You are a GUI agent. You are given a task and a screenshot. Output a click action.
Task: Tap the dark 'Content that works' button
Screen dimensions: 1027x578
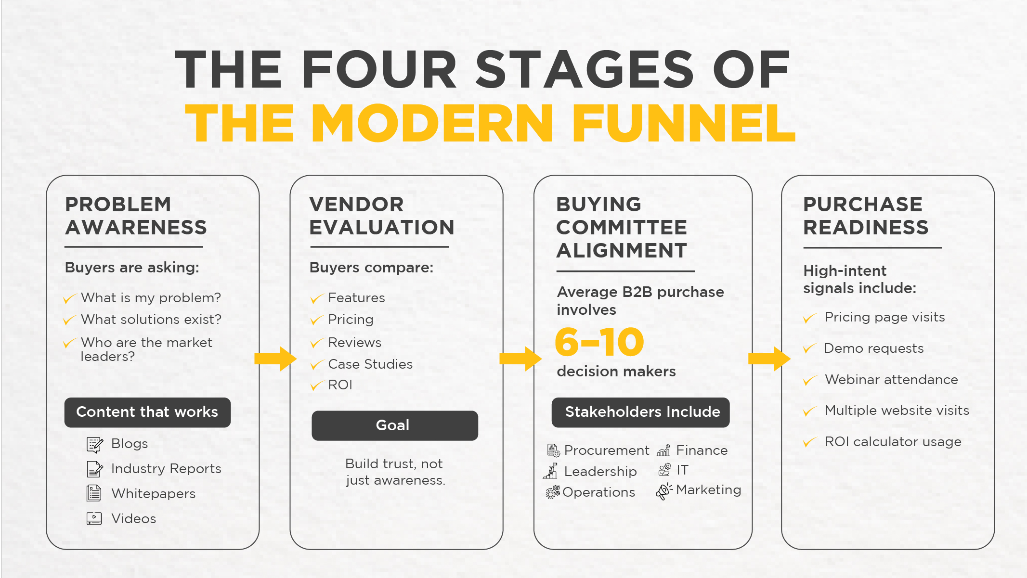[x=147, y=412]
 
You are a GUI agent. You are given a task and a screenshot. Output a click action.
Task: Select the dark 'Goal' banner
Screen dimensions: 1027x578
[x=395, y=425]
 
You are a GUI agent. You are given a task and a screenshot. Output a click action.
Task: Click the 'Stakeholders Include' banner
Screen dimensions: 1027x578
[x=640, y=412]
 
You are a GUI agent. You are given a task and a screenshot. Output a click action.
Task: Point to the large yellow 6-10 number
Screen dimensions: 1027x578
[x=599, y=342]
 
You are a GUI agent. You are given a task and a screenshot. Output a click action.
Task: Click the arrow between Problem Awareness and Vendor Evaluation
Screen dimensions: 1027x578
[x=275, y=359]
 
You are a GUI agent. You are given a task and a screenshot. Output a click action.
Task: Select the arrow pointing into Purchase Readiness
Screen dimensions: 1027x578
[x=769, y=359]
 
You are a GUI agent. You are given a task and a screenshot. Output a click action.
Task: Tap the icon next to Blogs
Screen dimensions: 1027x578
[x=95, y=445]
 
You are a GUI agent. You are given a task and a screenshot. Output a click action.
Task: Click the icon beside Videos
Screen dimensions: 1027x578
[x=94, y=518]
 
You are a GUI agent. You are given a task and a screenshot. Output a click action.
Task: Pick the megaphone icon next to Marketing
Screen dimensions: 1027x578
[x=664, y=491]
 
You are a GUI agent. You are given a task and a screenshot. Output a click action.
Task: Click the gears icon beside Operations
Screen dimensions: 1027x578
[x=553, y=492]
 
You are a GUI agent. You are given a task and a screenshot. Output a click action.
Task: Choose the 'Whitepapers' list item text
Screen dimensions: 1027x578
[x=153, y=494]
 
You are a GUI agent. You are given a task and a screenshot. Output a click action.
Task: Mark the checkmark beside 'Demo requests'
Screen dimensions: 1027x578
[x=810, y=348]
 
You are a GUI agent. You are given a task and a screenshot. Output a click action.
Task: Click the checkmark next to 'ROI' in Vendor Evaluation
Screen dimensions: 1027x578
[x=317, y=385]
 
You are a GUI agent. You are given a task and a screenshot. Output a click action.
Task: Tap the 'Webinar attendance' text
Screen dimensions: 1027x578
[x=891, y=380]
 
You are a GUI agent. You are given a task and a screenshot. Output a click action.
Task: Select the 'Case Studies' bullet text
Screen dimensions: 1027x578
[x=370, y=364]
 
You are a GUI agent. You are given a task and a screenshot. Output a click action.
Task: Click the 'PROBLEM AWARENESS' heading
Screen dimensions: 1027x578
[x=136, y=216]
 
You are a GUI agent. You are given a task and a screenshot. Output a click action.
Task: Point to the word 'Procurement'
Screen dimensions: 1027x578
[x=607, y=450]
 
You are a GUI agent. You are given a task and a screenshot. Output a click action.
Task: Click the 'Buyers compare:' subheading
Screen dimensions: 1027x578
[x=371, y=268]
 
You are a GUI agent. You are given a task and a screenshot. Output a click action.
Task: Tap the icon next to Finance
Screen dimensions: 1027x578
[x=663, y=450]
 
